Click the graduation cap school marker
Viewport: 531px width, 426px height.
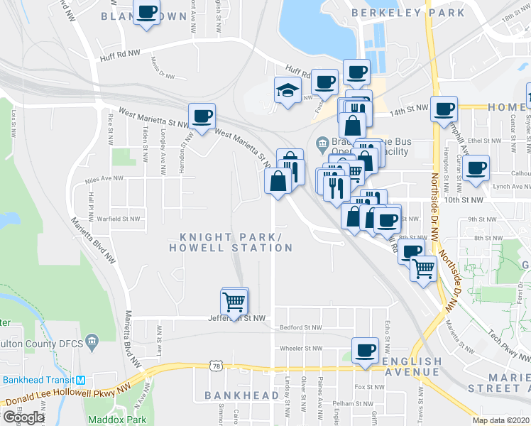coord(287,92)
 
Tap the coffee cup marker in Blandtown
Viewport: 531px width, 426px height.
coord(147,13)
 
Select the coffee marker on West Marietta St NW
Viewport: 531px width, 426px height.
coord(202,116)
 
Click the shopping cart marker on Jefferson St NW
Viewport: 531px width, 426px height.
coord(234,302)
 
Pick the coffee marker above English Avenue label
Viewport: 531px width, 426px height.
coord(366,351)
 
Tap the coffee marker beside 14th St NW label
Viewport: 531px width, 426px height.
coord(444,109)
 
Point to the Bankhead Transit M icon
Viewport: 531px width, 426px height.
coord(81,379)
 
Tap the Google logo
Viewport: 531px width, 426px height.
coord(23,417)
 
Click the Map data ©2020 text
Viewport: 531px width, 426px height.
coord(501,420)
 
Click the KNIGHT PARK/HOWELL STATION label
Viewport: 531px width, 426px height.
coord(230,242)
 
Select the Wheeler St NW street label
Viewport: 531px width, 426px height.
coord(301,349)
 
